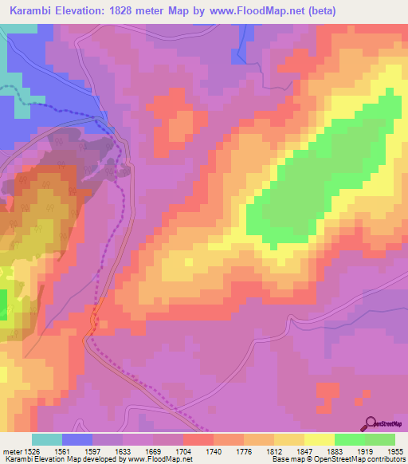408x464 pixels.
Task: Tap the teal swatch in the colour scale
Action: pos(47,438)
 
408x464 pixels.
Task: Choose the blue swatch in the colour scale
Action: pos(77,438)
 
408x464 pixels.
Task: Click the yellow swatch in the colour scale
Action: pos(320,438)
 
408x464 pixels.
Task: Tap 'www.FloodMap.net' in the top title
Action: pos(255,11)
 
